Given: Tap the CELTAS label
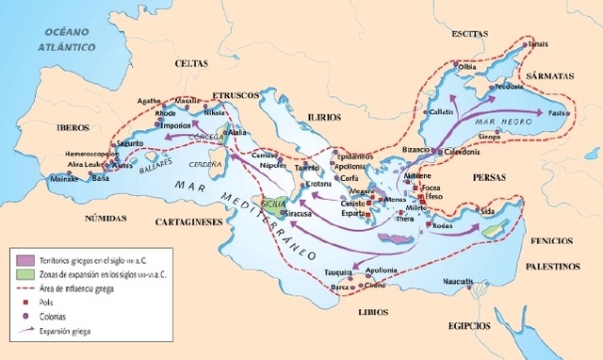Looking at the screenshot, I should pyautogui.click(x=194, y=63).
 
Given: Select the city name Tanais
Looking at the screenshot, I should pyautogui.click(x=537, y=43).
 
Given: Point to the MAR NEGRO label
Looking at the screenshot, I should pyautogui.click(x=498, y=122).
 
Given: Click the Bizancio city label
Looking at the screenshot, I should pyautogui.click(x=395, y=151).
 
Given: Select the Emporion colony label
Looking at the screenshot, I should pyautogui.click(x=203, y=125).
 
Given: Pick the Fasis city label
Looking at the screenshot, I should pyautogui.click(x=558, y=113).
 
